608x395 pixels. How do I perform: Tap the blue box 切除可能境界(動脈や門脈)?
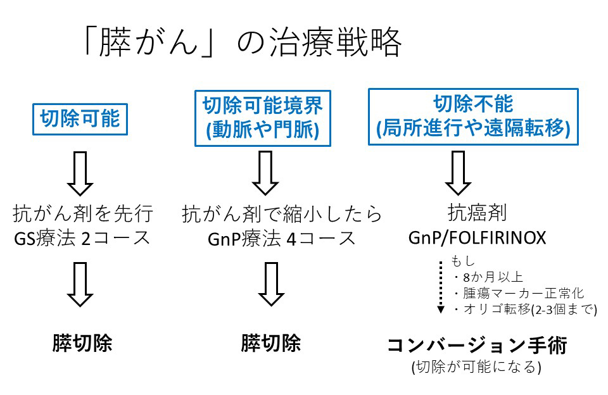262,118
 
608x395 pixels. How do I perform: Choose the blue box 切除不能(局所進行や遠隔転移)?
473,116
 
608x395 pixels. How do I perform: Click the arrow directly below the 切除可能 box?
80,173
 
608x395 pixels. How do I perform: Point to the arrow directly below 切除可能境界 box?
265,173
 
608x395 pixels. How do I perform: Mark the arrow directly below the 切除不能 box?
458,173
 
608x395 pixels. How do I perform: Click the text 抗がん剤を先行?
83,213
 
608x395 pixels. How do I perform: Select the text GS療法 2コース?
82,238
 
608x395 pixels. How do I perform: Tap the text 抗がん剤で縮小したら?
282,214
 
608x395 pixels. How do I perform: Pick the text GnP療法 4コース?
282,239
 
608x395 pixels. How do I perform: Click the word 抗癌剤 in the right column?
477,213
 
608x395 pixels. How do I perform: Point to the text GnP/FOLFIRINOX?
477,238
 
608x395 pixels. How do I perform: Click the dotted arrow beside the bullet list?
441,287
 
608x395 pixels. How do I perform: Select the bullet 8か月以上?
488,277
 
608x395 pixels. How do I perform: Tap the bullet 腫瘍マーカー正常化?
518,293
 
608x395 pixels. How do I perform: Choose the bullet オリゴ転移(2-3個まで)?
524,310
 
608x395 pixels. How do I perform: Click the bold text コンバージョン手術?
478,345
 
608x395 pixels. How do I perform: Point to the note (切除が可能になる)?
476,367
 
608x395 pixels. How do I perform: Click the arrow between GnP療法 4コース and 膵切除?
272,284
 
